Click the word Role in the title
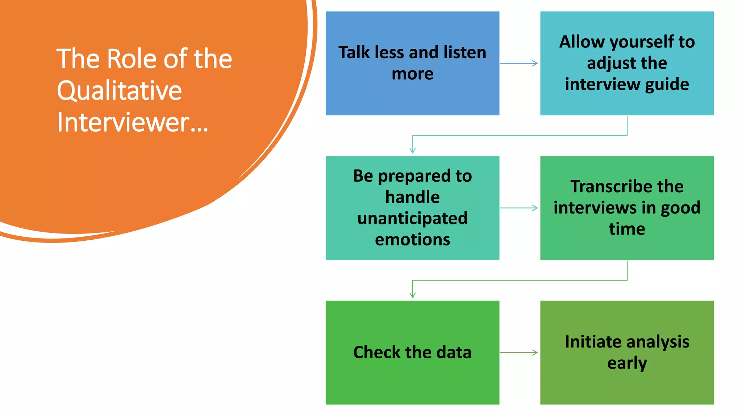(132, 59)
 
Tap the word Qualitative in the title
(119, 90)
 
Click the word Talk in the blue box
(354, 52)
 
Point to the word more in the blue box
(412, 74)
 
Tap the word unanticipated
(412, 218)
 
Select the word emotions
(412, 240)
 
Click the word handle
(412, 197)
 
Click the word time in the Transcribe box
(627, 229)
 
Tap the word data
(454, 352)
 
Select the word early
(627, 363)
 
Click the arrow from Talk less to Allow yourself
(519, 63)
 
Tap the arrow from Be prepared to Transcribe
(519, 208)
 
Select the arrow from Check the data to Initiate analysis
(519, 353)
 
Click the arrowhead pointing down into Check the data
(412, 295)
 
